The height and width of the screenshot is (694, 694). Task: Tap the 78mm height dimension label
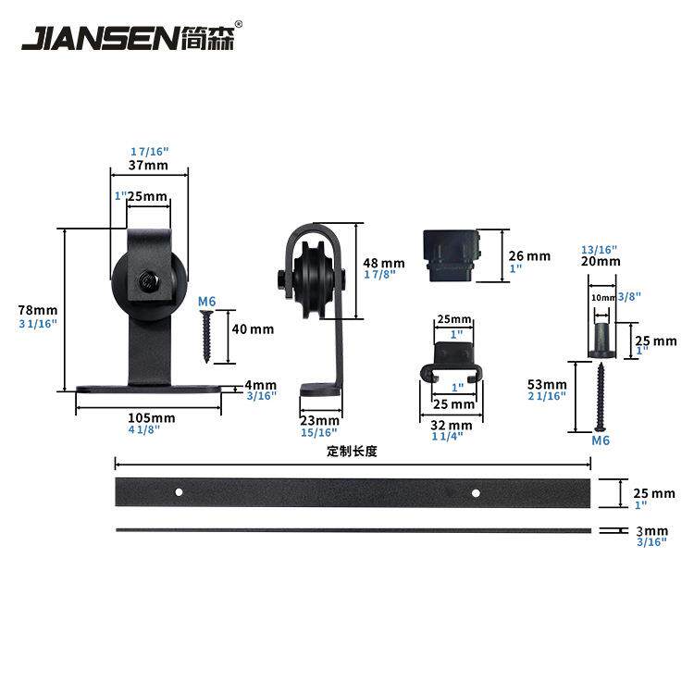pos(38,310)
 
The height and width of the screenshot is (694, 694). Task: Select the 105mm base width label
pos(152,417)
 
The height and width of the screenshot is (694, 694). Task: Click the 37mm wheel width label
pos(148,165)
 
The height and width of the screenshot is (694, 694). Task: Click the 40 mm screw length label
pos(253,329)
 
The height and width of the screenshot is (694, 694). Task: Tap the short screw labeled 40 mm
pos(205,337)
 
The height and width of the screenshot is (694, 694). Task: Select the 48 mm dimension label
pos(384,263)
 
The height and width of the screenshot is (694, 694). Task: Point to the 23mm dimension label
pos(319,420)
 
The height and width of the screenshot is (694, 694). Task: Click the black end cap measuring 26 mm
pos(452,255)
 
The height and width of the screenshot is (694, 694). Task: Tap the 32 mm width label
pos(451,425)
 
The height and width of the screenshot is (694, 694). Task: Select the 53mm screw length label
pos(547,384)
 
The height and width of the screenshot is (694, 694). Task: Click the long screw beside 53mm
pos(601,397)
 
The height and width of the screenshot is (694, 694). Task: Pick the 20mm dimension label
pos(601,261)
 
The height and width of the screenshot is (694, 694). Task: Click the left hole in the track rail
pos(179,491)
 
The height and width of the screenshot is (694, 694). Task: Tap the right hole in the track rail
pos(477,492)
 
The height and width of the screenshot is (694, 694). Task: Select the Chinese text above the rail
pos(352,451)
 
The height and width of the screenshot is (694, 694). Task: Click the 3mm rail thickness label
pos(652,531)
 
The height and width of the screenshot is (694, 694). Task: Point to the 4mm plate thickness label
pos(261,384)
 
